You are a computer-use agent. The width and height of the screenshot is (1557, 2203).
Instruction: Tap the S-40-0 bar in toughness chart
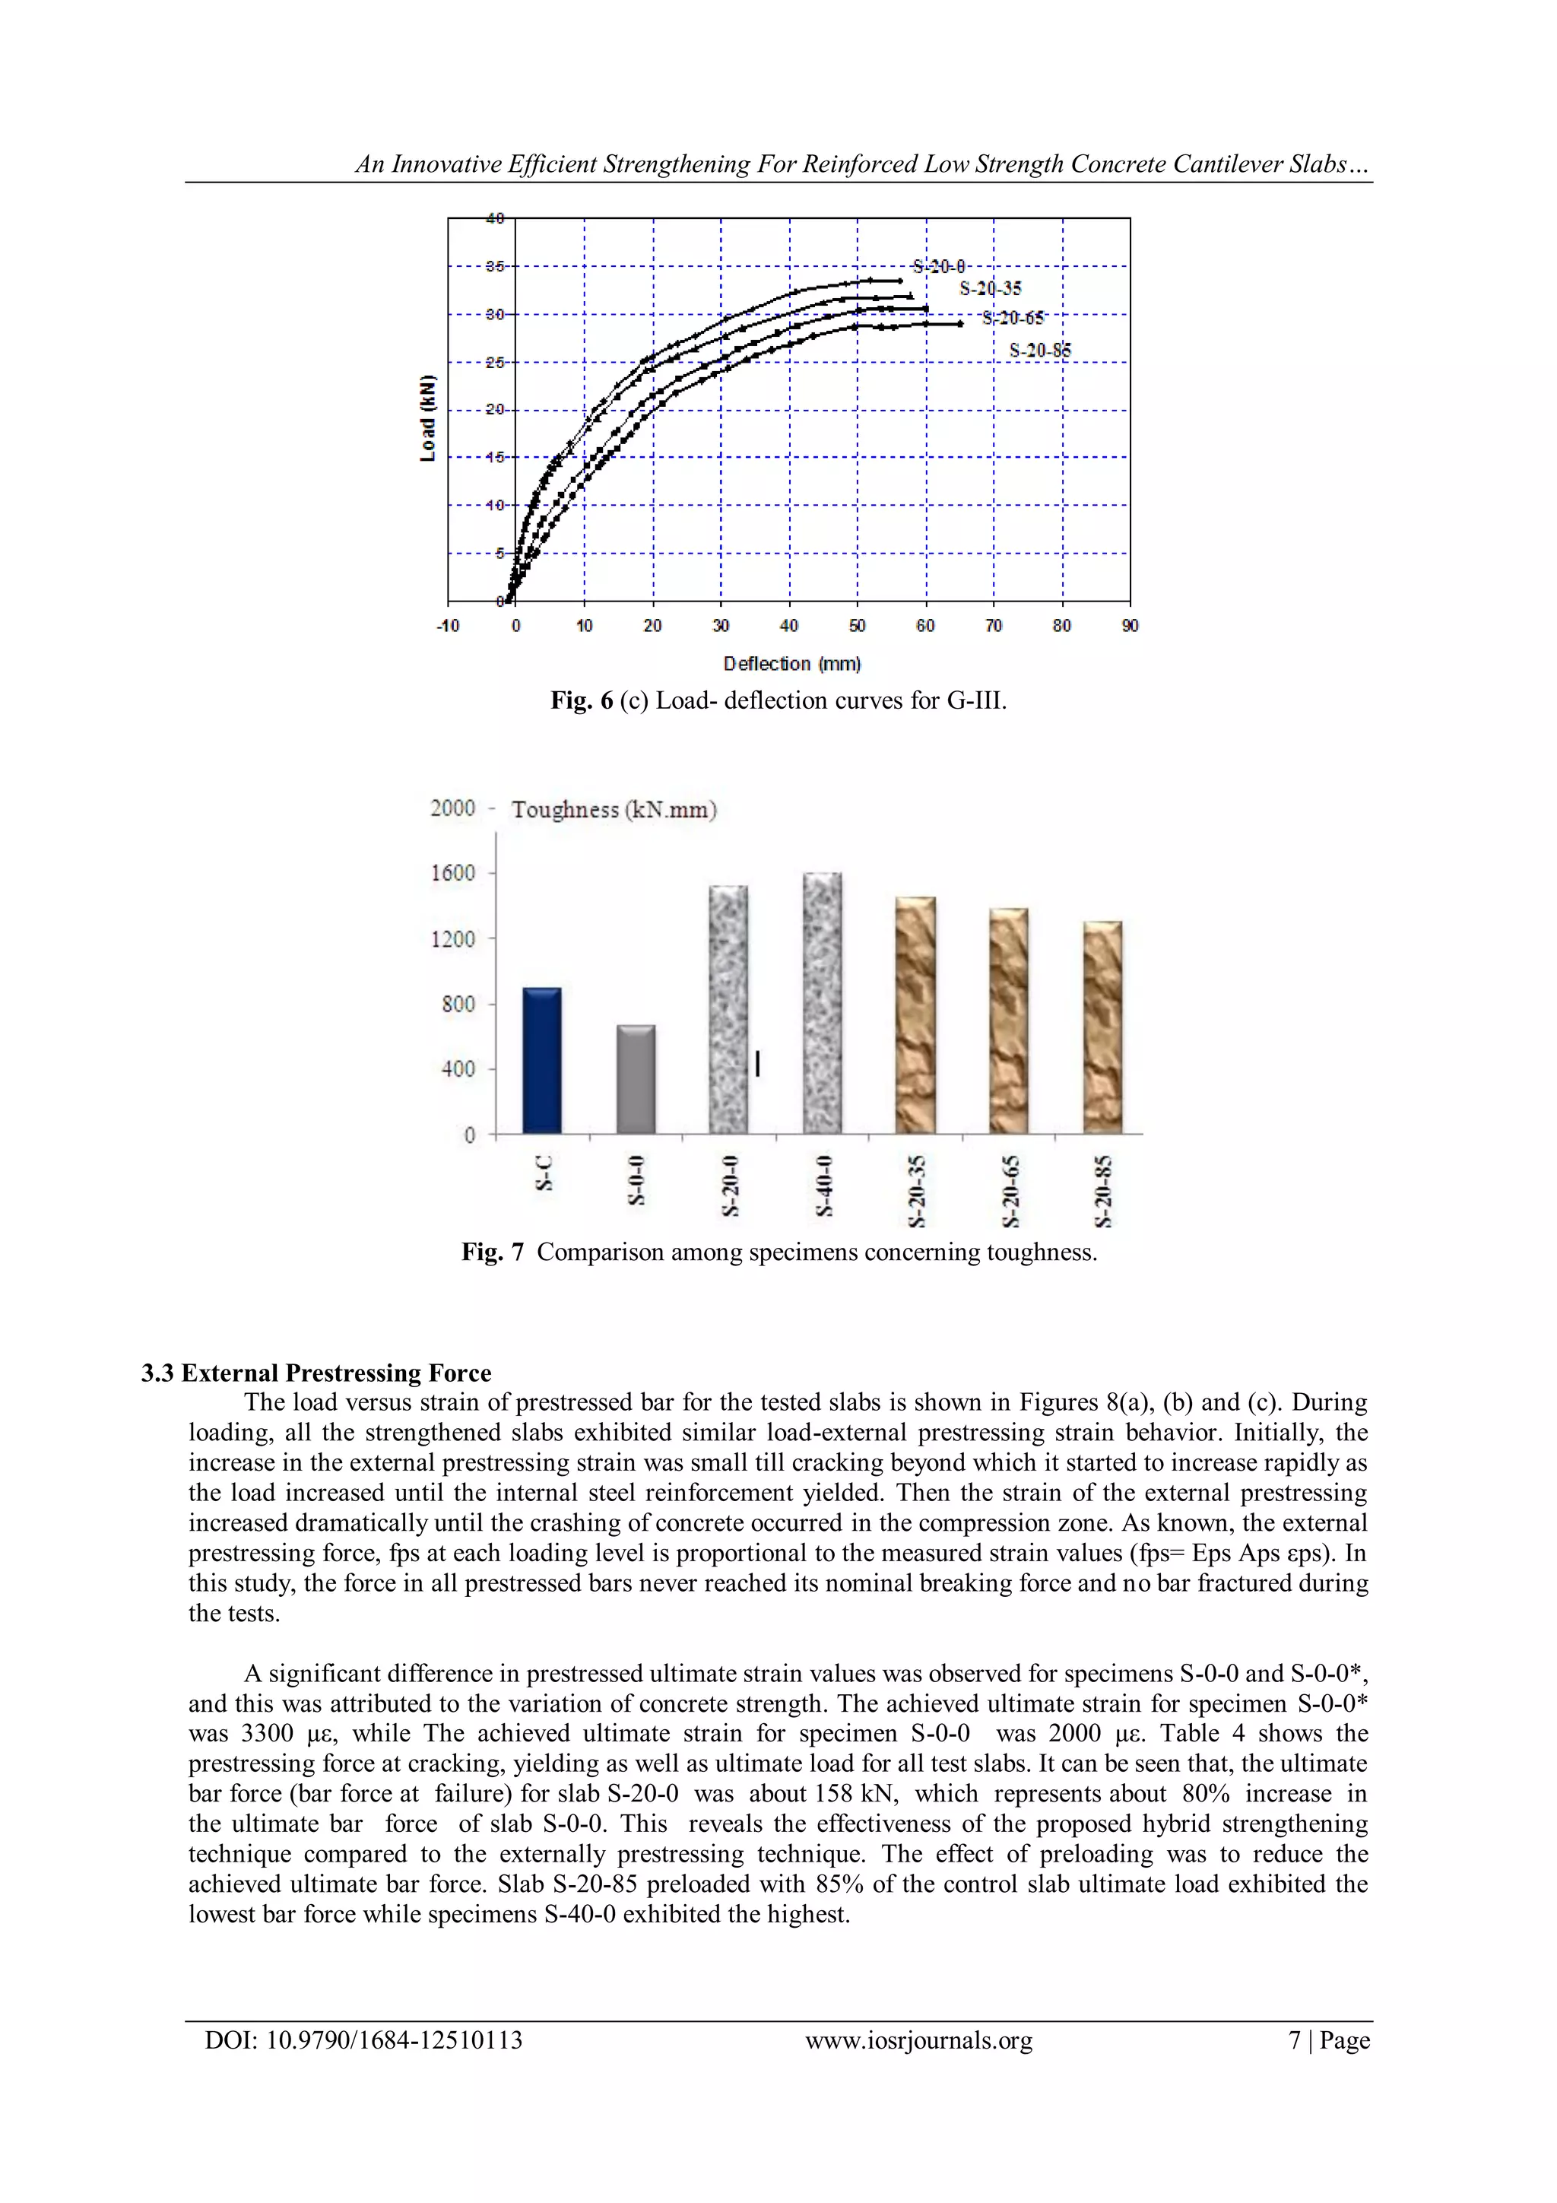[822, 1003]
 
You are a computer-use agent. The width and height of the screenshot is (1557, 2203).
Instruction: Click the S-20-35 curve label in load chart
[990, 288]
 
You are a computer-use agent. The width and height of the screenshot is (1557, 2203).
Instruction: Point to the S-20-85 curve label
[1040, 351]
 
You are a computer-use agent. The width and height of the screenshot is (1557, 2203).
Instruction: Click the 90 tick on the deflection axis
[1130, 626]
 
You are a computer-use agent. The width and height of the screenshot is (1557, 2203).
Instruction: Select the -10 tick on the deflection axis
[447, 626]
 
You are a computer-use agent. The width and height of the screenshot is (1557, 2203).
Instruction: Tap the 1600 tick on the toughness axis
[453, 872]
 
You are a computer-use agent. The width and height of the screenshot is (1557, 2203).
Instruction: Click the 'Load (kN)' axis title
[428, 418]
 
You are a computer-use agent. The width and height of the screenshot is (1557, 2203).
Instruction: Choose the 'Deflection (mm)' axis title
[791, 663]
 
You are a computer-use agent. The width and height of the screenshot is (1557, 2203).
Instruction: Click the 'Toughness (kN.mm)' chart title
[614, 809]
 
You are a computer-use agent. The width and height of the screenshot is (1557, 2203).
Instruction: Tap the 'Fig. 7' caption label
[492, 1252]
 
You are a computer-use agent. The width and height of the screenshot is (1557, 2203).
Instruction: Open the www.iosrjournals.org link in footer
[918, 2040]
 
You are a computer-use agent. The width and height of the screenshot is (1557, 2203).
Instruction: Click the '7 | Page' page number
[1329, 2040]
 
